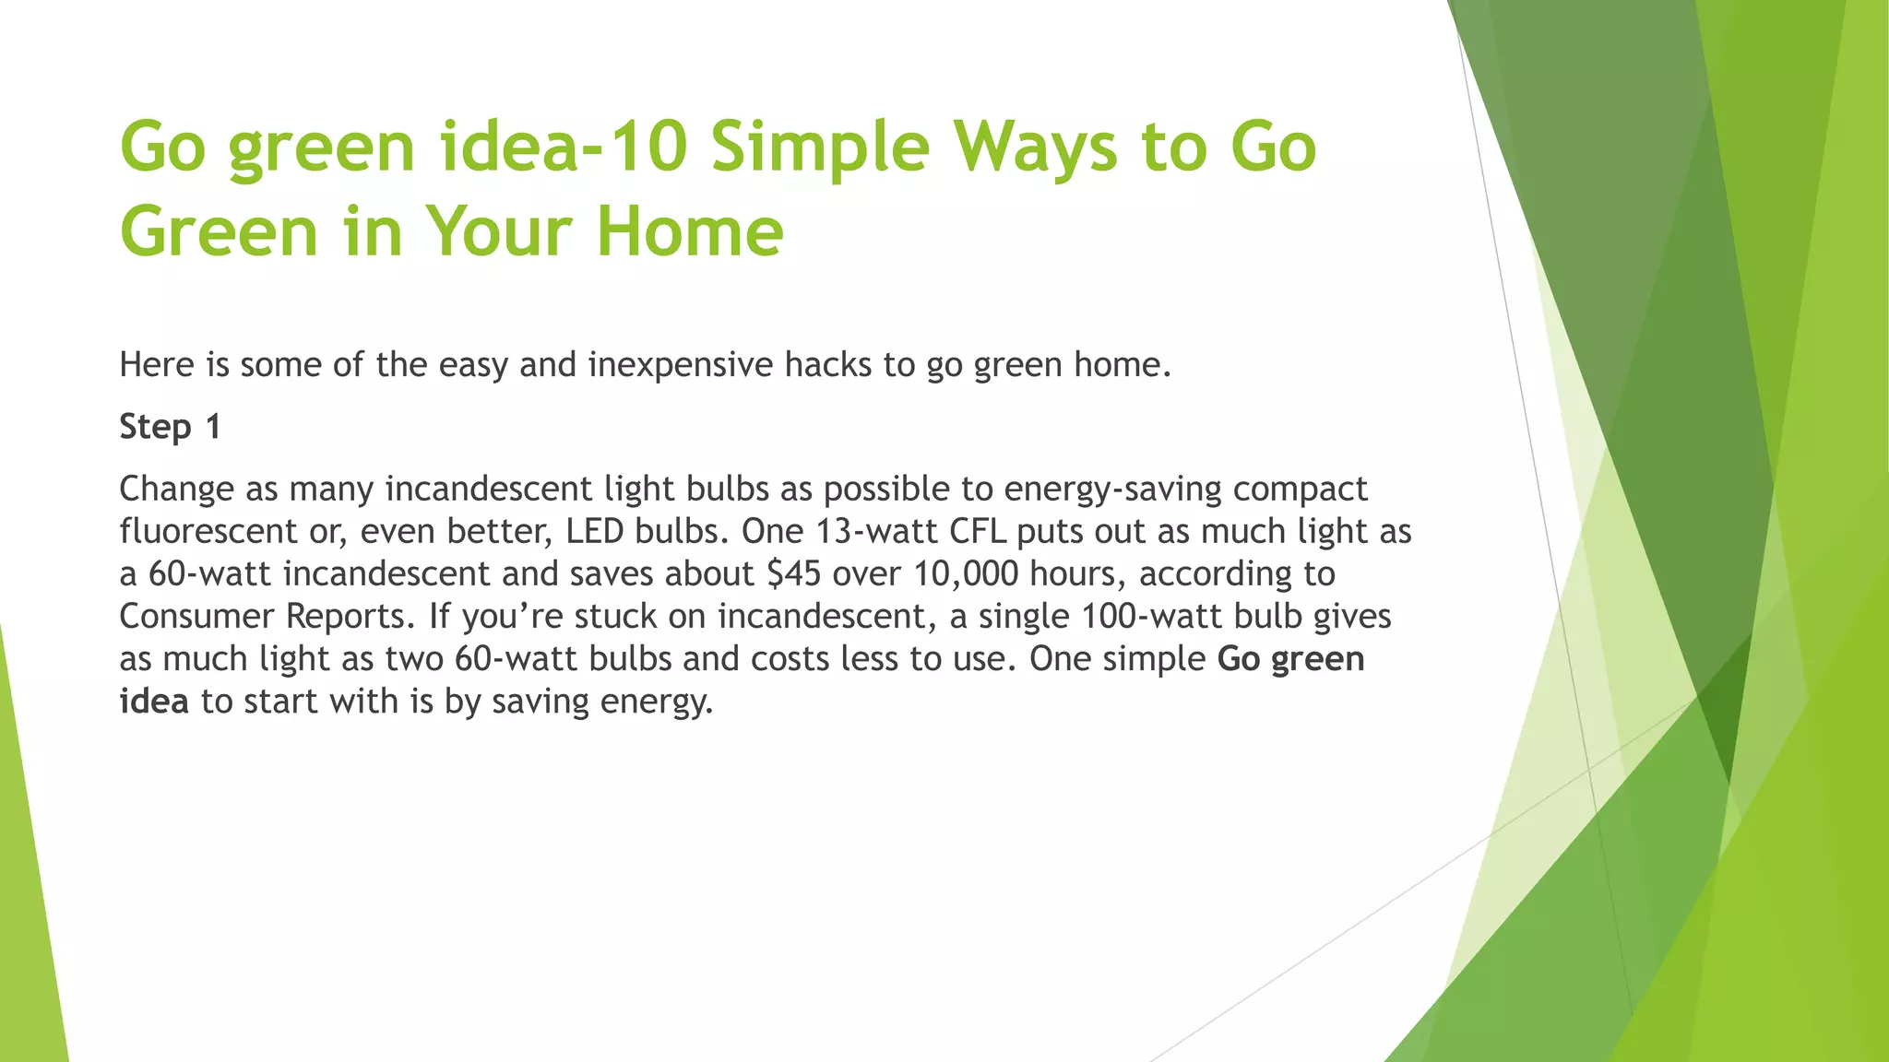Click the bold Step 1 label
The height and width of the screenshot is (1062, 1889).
click(x=170, y=427)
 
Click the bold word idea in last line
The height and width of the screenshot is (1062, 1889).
click(x=153, y=702)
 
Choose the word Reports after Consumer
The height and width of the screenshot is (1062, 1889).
click(x=348, y=616)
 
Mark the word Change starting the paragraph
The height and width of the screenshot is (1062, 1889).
click(x=176, y=489)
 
